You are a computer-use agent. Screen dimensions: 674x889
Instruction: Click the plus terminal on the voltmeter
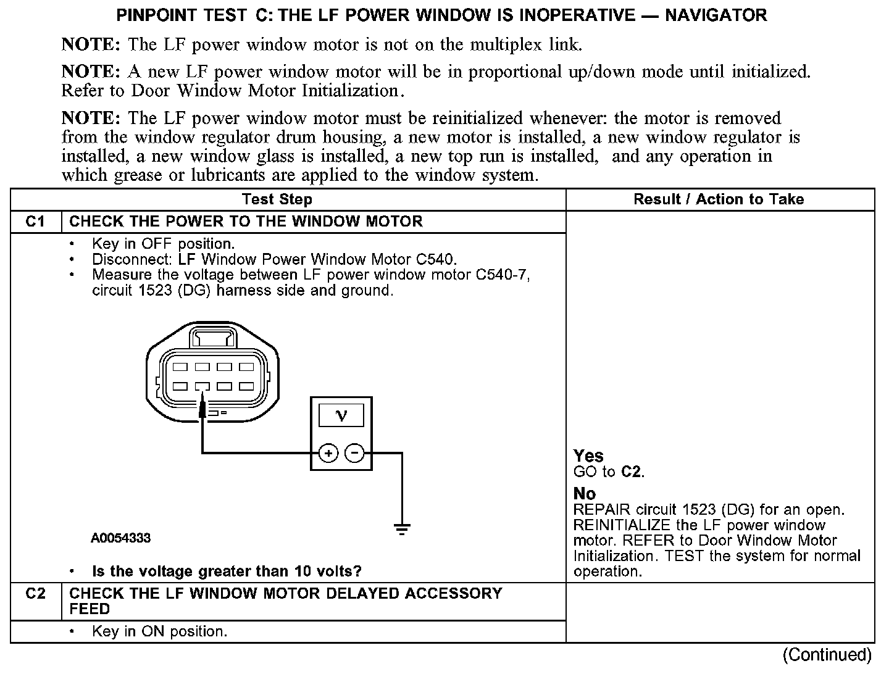[x=328, y=454]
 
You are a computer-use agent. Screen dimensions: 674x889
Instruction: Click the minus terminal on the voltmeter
[x=354, y=454]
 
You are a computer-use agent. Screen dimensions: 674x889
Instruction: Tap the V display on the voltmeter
[x=341, y=415]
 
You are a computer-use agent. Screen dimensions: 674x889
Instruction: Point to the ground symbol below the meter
[x=402, y=528]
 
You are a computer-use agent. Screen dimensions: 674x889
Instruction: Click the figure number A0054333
[x=120, y=538]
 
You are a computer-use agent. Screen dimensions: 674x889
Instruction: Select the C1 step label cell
[x=36, y=222]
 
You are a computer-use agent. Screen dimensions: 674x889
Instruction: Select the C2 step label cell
[x=36, y=594]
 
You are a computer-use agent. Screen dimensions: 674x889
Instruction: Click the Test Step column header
[x=277, y=199]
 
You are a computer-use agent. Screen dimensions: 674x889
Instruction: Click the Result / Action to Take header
[x=719, y=199]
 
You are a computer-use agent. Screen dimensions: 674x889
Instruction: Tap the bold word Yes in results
[x=588, y=456]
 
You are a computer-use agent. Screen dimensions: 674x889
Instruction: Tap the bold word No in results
[x=585, y=494]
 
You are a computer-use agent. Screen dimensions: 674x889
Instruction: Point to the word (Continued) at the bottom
[x=827, y=655]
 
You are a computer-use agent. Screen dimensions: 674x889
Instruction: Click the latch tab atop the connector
[x=213, y=338]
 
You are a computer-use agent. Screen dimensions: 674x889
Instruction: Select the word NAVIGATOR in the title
[x=716, y=15]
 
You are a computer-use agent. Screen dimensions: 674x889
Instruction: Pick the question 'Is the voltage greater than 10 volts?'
[x=227, y=572]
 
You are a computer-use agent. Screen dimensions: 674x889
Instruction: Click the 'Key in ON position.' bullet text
[x=159, y=631]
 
